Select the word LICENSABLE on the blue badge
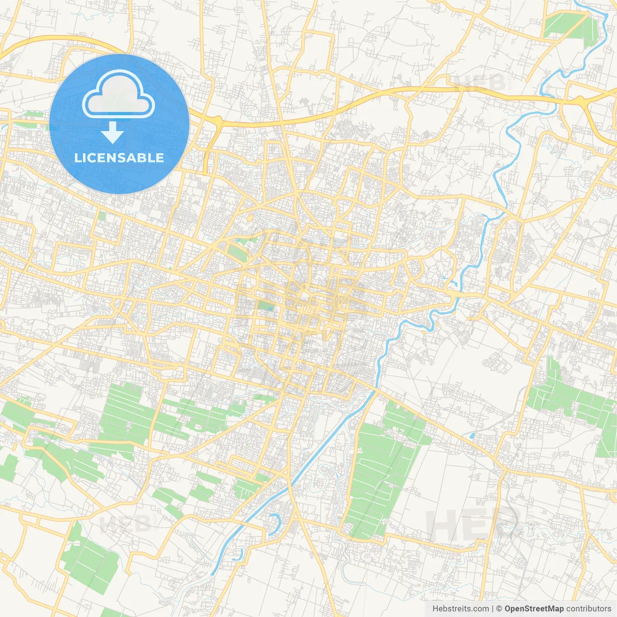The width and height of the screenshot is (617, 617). (119, 158)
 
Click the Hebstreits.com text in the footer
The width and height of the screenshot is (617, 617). (460, 609)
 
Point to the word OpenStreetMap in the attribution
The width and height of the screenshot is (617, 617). (534, 609)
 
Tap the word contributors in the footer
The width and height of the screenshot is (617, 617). (589, 609)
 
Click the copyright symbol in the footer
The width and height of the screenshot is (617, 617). (499, 609)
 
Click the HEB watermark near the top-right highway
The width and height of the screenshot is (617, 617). (480, 83)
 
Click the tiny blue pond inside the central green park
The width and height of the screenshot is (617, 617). (270, 308)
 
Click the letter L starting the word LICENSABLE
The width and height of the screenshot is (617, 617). (78, 158)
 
